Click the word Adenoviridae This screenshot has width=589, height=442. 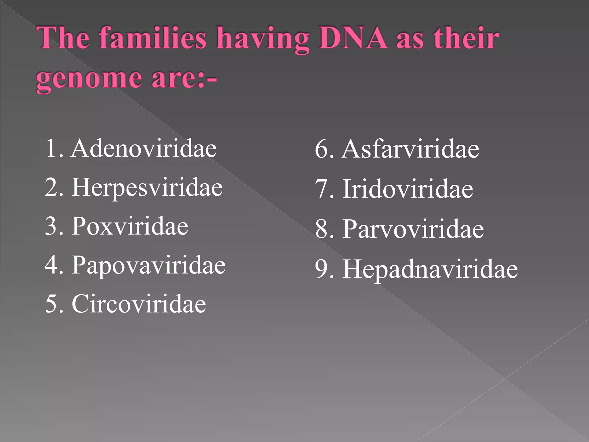point(144,148)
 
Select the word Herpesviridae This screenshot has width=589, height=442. point(147,188)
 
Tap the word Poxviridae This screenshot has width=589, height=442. point(130,226)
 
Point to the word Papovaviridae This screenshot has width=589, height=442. point(148,265)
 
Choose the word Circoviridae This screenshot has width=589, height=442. point(139,304)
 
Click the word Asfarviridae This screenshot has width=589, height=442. point(411,149)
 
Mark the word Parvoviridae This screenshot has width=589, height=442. point(413,229)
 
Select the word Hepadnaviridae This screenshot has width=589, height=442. point(430,269)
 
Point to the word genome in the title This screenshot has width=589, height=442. point(89,78)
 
